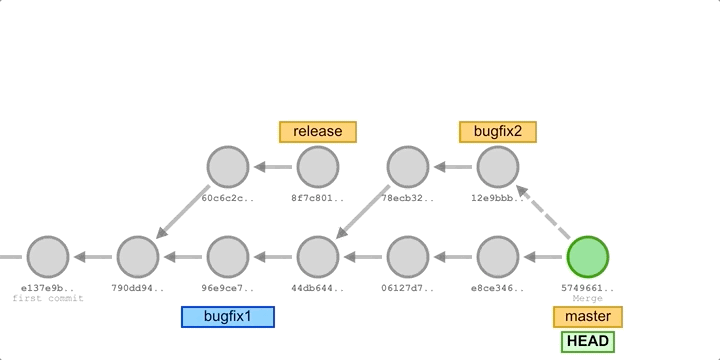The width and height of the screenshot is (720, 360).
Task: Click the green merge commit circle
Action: coord(588,257)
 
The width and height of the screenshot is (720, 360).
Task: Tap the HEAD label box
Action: coord(587,341)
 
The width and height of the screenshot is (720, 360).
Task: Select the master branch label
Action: coord(588,317)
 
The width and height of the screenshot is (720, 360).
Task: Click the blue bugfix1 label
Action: coord(228,317)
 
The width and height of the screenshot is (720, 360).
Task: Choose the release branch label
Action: coord(318,131)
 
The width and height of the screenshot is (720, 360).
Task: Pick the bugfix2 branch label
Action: coord(498,131)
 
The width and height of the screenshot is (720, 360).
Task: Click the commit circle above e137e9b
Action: coord(48,257)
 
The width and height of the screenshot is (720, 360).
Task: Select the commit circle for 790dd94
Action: coord(138,257)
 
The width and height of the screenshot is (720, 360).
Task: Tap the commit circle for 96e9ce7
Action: coord(228,257)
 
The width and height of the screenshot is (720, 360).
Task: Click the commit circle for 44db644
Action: coord(318,257)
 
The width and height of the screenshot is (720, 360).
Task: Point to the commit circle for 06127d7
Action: coord(408,257)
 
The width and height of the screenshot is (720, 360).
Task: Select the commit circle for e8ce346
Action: coord(498,257)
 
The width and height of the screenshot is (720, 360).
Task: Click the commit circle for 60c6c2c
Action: coord(228,167)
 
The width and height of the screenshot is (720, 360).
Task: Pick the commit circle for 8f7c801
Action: coord(318,167)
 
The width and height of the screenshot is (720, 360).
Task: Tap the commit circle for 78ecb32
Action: coord(408,167)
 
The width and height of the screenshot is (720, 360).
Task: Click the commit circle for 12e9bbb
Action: coord(498,167)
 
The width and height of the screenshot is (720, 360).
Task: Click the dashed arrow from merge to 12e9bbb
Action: coord(543,212)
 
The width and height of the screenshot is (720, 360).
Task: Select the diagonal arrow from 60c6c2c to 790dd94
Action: coord(183,212)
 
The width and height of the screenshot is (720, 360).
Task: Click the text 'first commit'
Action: coord(48,298)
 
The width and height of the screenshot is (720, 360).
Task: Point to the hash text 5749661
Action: coord(588,288)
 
